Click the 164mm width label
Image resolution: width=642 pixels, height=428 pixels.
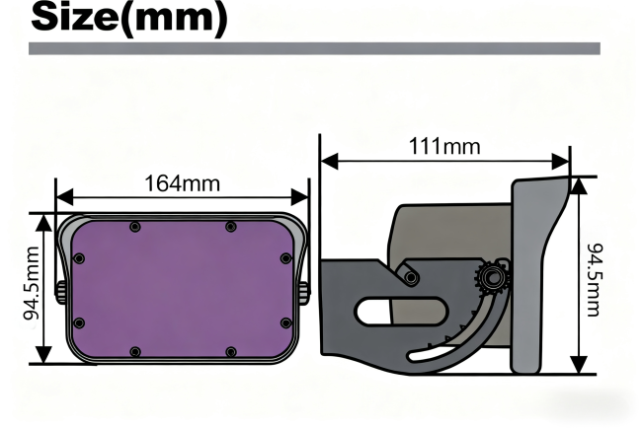(x=183, y=183)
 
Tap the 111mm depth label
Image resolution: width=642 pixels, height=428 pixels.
(x=444, y=147)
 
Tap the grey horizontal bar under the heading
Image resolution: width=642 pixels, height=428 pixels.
(x=314, y=47)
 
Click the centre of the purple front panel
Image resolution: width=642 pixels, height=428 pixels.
(x=183, y=289)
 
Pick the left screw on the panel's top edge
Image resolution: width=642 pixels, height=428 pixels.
(x=135, y=227)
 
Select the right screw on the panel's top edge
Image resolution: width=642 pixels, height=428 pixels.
(x=230, y=227)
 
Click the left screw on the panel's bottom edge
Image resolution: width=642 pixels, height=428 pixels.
(x=135, y=351)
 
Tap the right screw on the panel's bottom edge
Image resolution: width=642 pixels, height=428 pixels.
(x=230, y=351)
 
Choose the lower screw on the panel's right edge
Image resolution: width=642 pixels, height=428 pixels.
(x=285, y=322)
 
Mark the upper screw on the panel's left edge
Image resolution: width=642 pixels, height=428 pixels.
(x=79, y=258)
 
